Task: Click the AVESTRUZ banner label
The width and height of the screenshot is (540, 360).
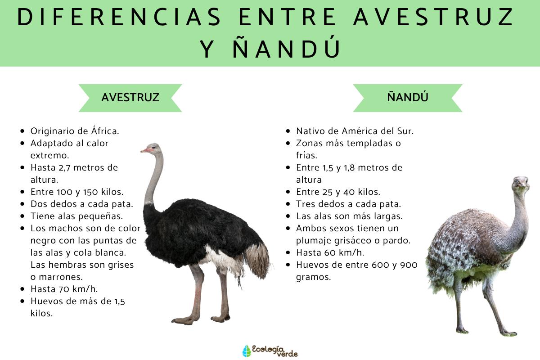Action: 130,97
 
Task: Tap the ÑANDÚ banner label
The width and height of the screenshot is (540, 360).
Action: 407,97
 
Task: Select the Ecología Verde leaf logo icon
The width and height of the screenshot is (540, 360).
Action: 246,351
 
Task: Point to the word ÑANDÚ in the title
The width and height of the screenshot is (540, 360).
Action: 288,49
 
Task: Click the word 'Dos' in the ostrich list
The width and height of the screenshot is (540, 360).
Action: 39,204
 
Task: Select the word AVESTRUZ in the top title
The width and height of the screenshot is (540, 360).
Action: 434,18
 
